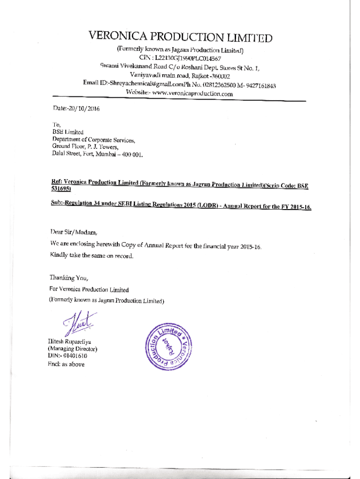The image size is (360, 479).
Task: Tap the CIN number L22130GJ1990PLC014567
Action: (x=188, y=58)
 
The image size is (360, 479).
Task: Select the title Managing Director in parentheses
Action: (x=72, y=348)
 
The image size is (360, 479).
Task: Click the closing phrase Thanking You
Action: (x=68, y=278)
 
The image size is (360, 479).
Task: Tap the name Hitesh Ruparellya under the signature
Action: (x=69, y=341)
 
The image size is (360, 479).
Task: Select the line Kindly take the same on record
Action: (x=92, y=255)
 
